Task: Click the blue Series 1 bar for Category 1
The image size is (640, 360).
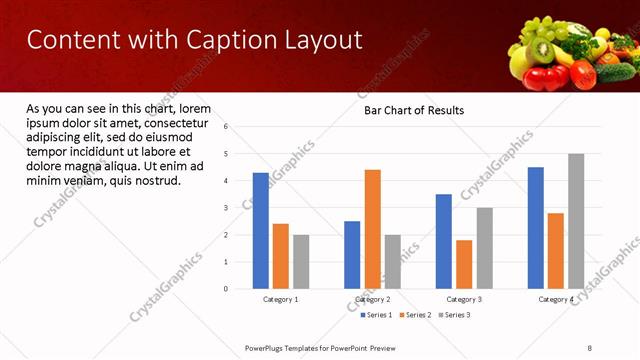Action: tap(260, 231)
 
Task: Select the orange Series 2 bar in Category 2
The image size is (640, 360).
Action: tap(372, 229)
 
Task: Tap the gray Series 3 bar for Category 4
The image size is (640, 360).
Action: tap(576, 221)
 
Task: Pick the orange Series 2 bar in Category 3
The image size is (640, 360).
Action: tap(464, 264)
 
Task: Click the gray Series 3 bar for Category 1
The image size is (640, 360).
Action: tap(301, 262)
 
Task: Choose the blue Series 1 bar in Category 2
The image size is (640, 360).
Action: tap(352, 255)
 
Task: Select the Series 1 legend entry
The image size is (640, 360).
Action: tap(376, 315)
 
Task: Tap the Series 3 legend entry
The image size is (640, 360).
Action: tap(455, 315)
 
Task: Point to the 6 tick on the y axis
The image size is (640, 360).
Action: tap(226, 127)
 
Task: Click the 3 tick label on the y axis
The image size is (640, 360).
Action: tap(226, 208)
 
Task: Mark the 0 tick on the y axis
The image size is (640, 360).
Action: tap(226, 289)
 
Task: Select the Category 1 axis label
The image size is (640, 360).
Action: tap(280, 300)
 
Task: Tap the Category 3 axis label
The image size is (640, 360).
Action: tap(464, 300)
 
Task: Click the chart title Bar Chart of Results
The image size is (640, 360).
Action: tap(413, 110)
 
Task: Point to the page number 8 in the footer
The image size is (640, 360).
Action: tap(590, 347)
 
